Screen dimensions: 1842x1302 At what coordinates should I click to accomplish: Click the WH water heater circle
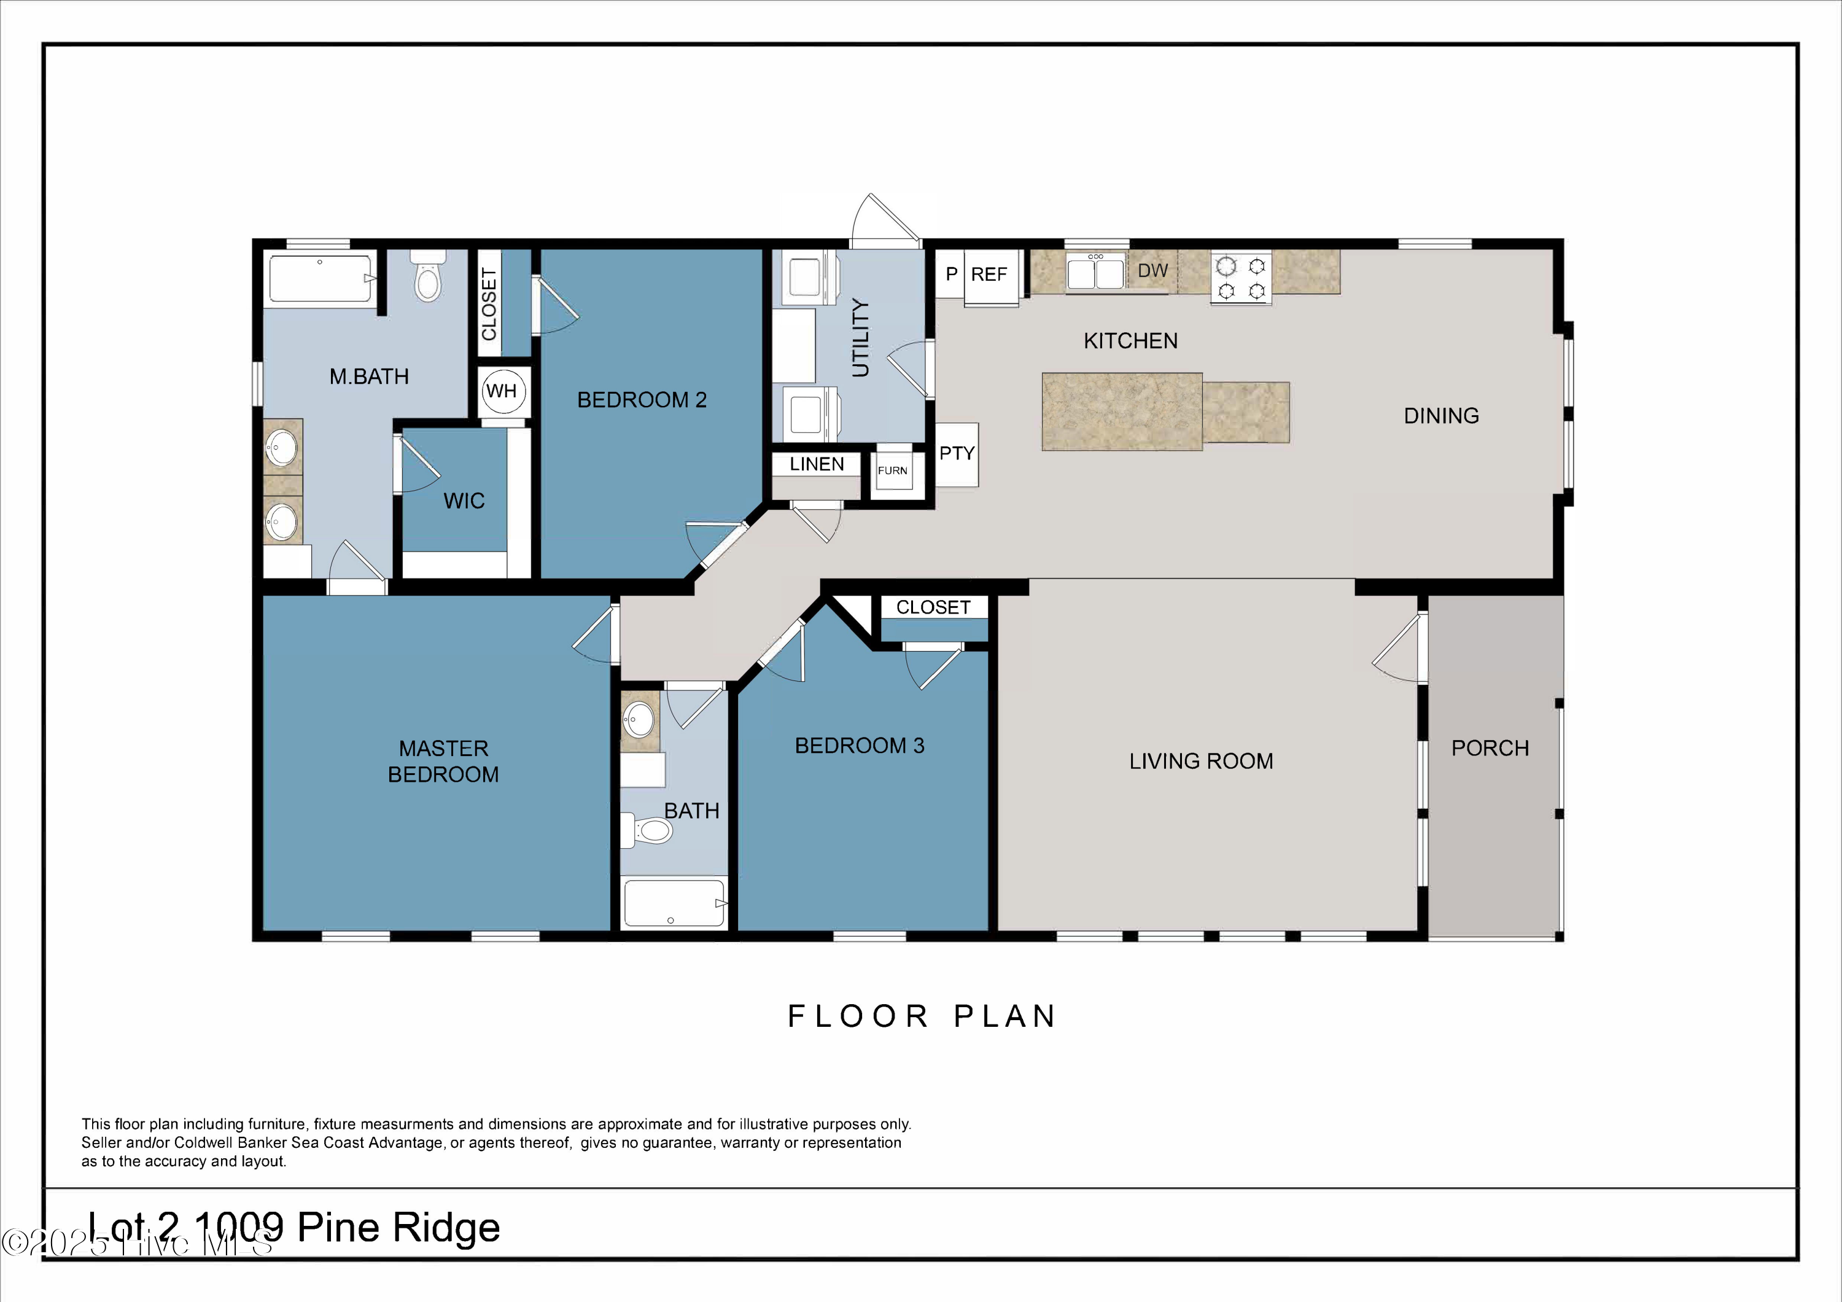503,391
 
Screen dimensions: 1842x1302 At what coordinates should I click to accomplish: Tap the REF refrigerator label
989,275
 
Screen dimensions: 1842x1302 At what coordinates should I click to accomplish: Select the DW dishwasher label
1153,270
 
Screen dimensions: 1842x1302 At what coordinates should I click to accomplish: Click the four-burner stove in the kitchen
1241,278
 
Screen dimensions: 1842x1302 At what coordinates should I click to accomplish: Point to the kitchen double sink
1096,271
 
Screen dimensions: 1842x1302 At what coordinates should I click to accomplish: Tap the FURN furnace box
892,470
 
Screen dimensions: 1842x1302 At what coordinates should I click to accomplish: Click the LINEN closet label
817,464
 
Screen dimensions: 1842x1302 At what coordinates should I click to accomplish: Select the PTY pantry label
957,453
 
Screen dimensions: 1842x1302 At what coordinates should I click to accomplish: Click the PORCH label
1490,749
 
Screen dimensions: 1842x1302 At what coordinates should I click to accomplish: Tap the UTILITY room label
860,338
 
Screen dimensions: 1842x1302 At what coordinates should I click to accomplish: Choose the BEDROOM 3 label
859,746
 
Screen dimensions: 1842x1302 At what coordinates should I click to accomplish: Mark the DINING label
1441,416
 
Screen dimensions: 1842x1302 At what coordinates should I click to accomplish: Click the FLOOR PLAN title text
922,1016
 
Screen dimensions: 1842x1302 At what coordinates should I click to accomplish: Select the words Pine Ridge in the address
398,1228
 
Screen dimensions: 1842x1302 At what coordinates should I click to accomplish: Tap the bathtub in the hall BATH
675,904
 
